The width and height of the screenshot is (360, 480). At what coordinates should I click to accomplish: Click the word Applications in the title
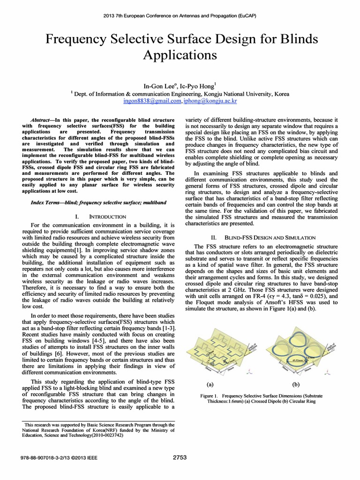coord(180,56)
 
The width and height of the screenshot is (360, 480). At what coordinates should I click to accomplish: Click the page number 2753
coord(180,457)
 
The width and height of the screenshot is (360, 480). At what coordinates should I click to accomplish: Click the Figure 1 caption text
coord(255,398)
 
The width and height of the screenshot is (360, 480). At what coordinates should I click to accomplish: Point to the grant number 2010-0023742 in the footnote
coord(106,435)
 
